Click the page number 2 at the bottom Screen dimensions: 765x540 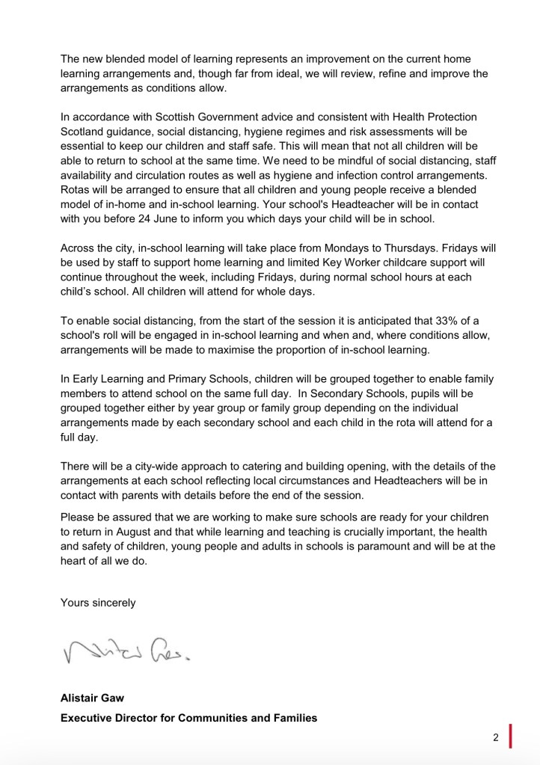495,737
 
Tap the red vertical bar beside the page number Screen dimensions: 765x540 510,736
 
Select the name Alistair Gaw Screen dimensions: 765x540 93,698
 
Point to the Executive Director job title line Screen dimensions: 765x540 188,718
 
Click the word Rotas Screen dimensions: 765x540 76,189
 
